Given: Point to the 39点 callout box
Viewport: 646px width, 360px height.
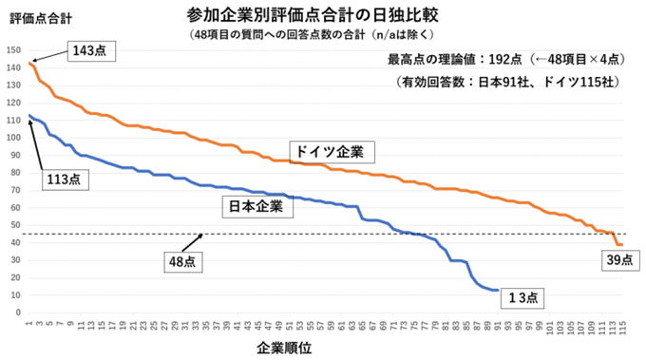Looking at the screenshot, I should (617, 259).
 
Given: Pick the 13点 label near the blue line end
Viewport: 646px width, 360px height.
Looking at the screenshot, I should (520, 297).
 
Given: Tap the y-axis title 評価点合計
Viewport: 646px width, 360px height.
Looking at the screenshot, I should (33, 17).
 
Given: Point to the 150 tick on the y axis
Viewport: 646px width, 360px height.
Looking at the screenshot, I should (12, 50).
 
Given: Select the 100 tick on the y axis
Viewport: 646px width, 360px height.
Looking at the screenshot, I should (12, 138).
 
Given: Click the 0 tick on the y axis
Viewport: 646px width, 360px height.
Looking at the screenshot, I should (17, 313).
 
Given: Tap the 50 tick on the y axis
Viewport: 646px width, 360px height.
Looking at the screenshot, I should (14, 225).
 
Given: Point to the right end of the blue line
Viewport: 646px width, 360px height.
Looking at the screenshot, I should (498, 291).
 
